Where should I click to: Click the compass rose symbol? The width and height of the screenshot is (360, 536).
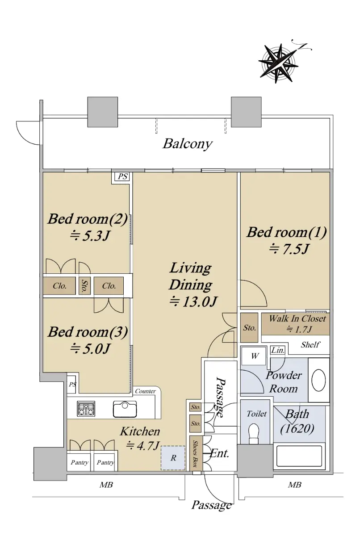pyautogui.click(x=279, y=63)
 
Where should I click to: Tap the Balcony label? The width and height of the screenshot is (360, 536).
pyautogui.click(x=188, y=144)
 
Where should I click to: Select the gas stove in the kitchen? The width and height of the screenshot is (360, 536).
pyautogui.click(x=86, y=408)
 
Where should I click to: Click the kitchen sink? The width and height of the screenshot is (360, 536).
pyautogui.click(x=125, y=409)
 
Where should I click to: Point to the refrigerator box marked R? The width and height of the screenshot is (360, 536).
pyautogui.click(x=173, y=458)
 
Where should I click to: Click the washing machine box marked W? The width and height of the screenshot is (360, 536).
pyautogui.click(x=254, y=356)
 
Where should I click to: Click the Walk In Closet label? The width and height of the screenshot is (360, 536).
pyautogui.click(x=297, y=318)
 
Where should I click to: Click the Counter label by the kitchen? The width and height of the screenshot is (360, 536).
pyautogui.click(x=145, y=391)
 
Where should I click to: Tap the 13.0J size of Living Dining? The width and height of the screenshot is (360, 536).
pyautogui.click(x=193, y=302)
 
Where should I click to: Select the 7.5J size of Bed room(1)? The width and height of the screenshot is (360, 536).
pyautogui.click(x=289, y=249)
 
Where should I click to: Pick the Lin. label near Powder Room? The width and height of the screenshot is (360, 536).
pyautogui.click(x=278, y=350)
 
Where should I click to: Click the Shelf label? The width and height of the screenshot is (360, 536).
pyautogui.click(x=310, y=344)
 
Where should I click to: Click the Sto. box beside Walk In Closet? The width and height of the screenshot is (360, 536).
pyautogui.click(x=249, y=327)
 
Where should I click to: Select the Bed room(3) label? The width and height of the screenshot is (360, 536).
pyautogui.click(x=88, y=332)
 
